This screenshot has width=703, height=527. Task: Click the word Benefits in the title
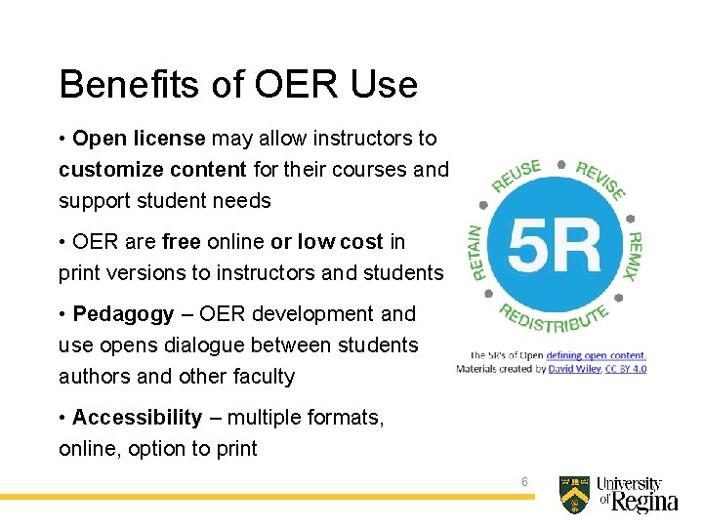pos(116,85)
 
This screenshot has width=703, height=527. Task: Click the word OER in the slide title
pos(292,85)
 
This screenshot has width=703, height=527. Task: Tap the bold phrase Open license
pos(139,139)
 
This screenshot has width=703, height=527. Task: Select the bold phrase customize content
pos(152,170)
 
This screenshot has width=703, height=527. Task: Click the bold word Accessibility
pos(137,418)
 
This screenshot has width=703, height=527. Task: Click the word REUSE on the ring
pos(517,176)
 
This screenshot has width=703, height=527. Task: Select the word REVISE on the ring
pos(600,179)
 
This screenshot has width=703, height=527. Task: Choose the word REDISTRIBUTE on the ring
pos(556,320)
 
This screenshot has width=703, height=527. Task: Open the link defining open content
pos(596,356)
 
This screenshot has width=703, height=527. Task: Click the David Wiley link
pos(575,369)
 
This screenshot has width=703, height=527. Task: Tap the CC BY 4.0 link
pos(625,369)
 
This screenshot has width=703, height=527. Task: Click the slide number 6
pos(524,482)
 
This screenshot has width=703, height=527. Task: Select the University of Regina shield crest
pos(574,495)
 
